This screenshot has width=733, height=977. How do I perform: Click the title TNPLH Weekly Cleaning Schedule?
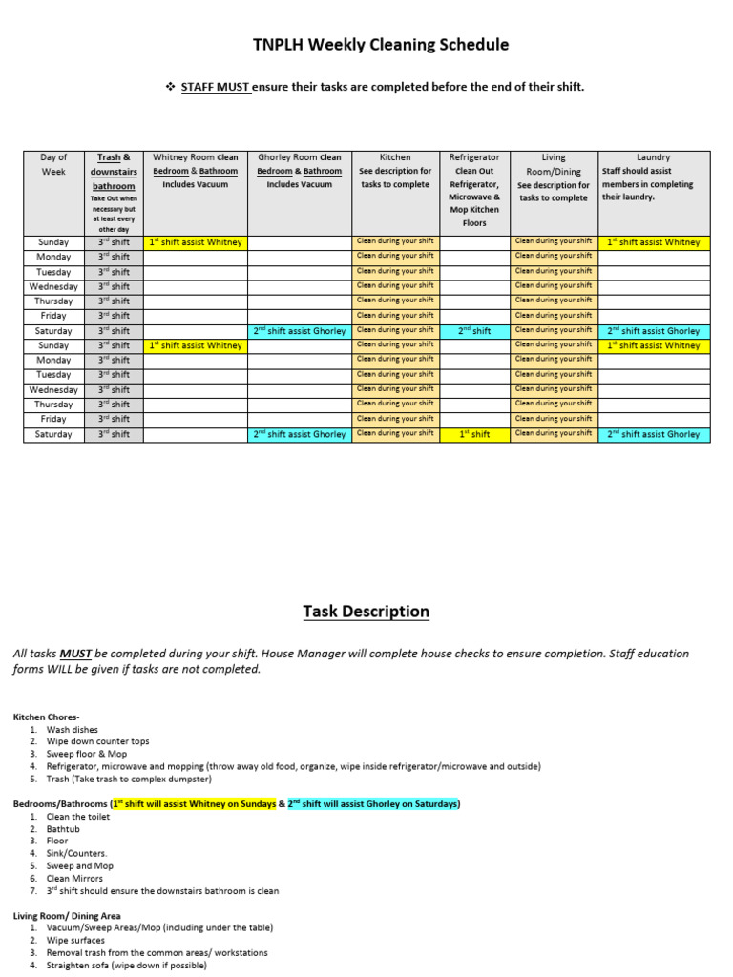(x=366, y=45)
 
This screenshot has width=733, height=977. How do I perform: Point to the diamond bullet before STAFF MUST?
(x=171, y=87)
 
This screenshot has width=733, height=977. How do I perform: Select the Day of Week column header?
(x=54, y=164)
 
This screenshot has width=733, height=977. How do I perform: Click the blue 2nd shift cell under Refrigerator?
(x=474, y=331)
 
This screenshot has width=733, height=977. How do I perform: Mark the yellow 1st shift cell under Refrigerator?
(x=474, y=434)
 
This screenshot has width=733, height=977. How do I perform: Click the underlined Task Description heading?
(x=366, y=612)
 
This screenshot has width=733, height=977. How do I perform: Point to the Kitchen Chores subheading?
(x=47, y=717)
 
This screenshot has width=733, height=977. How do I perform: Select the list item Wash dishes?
(x=72, y=729)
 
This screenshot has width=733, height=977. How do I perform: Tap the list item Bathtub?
(x=65, y=829)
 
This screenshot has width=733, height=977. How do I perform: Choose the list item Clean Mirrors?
(x=74, y=879)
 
